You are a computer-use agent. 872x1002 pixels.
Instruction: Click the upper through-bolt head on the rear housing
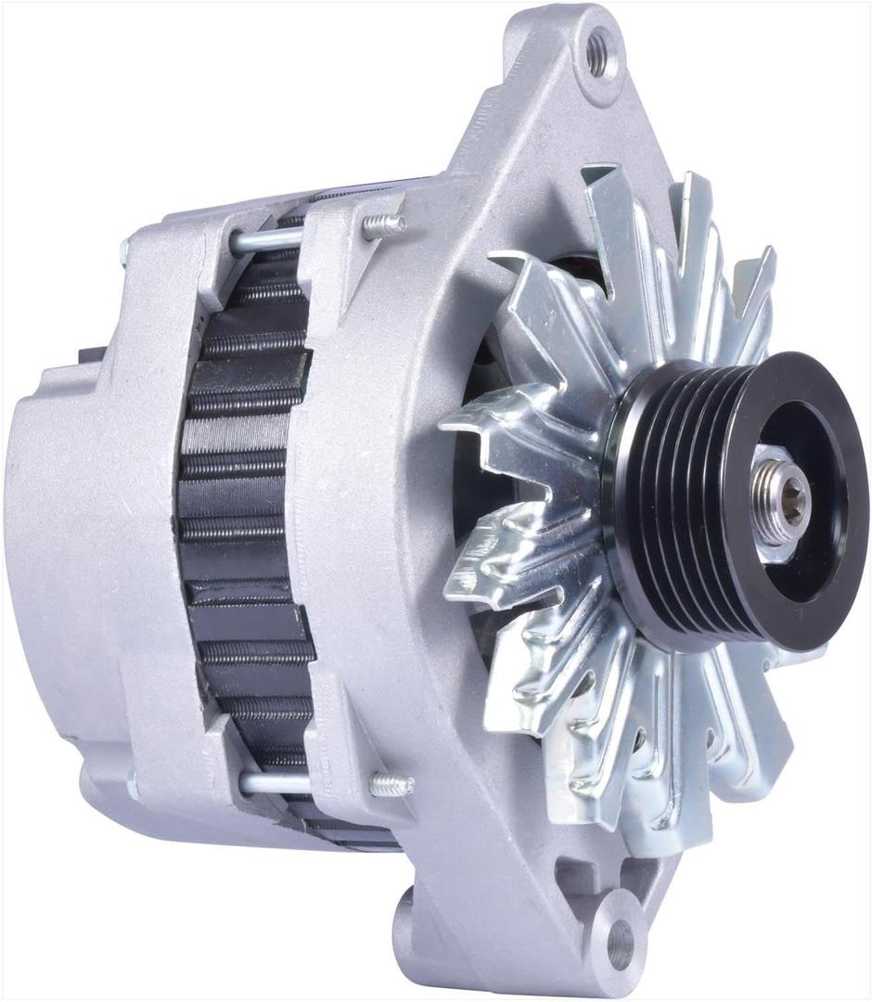(126, 248)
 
